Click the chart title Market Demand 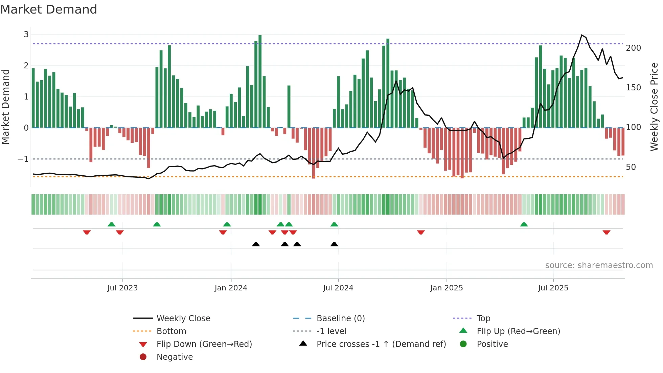pos(49,9)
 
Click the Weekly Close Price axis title pos(654,107)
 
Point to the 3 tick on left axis pos(26,34)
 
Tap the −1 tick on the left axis pos(23,159)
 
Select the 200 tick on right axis pos(633,48)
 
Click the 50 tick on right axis pos(631,167)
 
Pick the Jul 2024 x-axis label pos(338,288)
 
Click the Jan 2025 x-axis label pos(446,288)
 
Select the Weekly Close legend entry pos(183,318)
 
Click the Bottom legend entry pos(171,331)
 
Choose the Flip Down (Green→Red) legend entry pos(204,344)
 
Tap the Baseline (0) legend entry pos(340,318)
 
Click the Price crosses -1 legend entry pos(381,344)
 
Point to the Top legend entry pos(483,318)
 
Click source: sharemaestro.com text pos(599,265)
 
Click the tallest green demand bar pos(260,81)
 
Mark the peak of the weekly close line pos(582,35)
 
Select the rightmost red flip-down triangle pos(606,232)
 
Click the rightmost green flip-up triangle pos(524,224)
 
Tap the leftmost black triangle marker pos(256,244)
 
